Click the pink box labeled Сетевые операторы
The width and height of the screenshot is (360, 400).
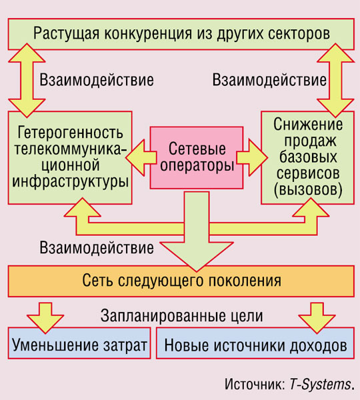point(197,157)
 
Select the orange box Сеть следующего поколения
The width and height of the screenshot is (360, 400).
point(181,281)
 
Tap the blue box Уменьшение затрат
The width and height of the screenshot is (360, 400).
point(79,343)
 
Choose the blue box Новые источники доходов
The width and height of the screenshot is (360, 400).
point(255,343)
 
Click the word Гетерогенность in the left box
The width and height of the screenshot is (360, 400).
point(70,133)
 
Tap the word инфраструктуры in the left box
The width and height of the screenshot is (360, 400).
point(70,182)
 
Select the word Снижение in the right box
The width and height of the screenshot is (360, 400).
point(308,124)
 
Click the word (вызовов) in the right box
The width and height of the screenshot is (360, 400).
point(308,190)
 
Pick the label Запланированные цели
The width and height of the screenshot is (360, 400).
point(181,316)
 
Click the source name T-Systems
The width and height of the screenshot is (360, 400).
point(321,384)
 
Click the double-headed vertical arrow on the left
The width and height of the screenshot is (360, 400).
point(27,81)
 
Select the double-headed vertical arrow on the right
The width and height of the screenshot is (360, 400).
point(335,81)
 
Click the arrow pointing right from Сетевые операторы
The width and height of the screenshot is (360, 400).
point(252,157)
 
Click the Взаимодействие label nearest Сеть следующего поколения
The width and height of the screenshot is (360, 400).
point(97,248)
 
